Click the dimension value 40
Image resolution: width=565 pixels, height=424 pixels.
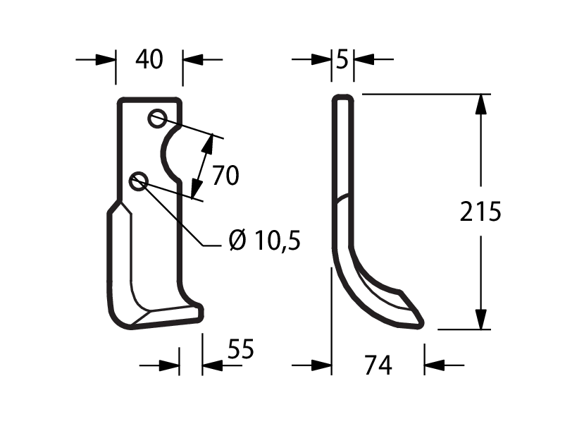click(149, 59)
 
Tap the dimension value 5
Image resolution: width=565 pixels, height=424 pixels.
click(342, 59)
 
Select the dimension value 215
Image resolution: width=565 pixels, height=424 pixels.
click(480, 212)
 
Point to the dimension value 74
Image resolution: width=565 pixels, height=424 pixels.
click(378, 365)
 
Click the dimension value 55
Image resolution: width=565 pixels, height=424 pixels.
click(241, 349)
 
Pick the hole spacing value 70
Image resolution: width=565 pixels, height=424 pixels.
click(225, 176)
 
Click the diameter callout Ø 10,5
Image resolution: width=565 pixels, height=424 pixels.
click(264, 240)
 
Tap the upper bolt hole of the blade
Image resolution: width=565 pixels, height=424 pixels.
click(158, 118)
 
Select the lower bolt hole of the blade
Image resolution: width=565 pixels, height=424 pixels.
click(139, 181)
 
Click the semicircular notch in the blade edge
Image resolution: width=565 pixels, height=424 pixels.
click(164, 153)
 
